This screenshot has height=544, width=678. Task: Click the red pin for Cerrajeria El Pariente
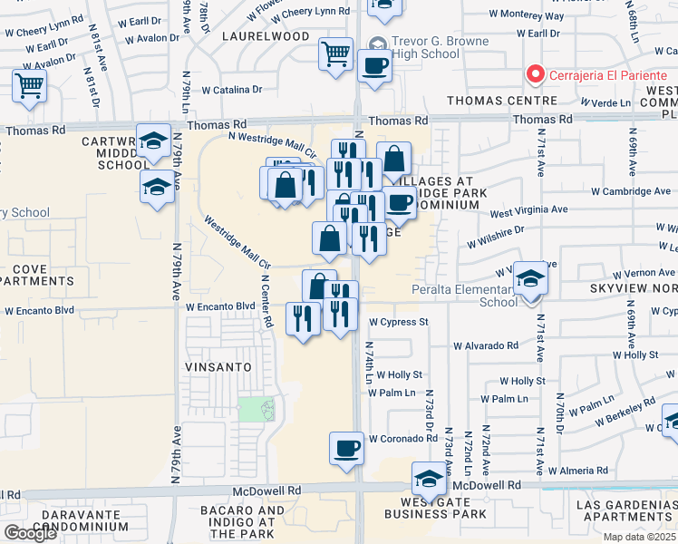pos(535,74)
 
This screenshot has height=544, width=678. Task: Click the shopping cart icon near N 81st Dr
pos(29,86)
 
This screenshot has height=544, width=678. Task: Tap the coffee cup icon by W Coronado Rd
pos(346,449)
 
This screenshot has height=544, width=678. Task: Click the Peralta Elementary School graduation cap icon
pos(529,278)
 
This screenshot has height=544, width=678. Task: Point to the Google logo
pos(30,533)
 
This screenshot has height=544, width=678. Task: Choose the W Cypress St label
pos(398,322)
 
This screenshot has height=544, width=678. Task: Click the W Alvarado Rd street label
pos(486,345)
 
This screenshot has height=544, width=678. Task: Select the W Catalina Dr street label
pos(232,90)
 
